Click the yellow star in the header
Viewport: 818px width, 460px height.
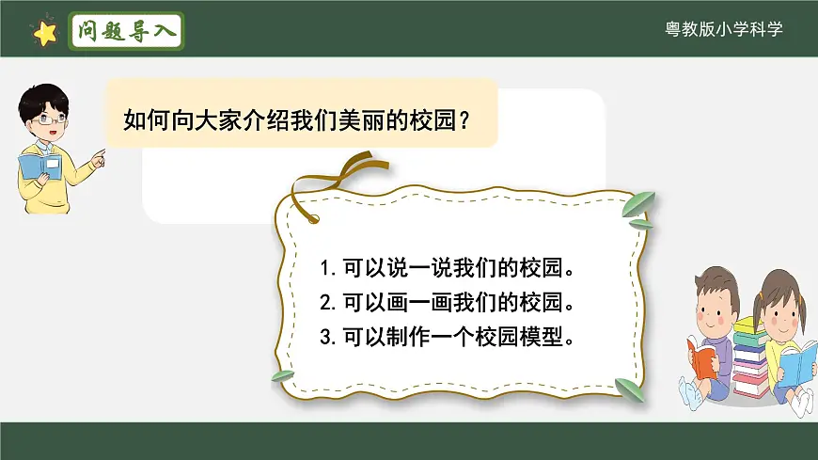44,33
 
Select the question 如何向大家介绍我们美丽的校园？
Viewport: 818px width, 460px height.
297,120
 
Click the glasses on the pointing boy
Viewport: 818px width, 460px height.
49,119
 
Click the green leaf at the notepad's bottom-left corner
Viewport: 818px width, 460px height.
283,375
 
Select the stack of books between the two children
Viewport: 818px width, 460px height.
750,357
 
